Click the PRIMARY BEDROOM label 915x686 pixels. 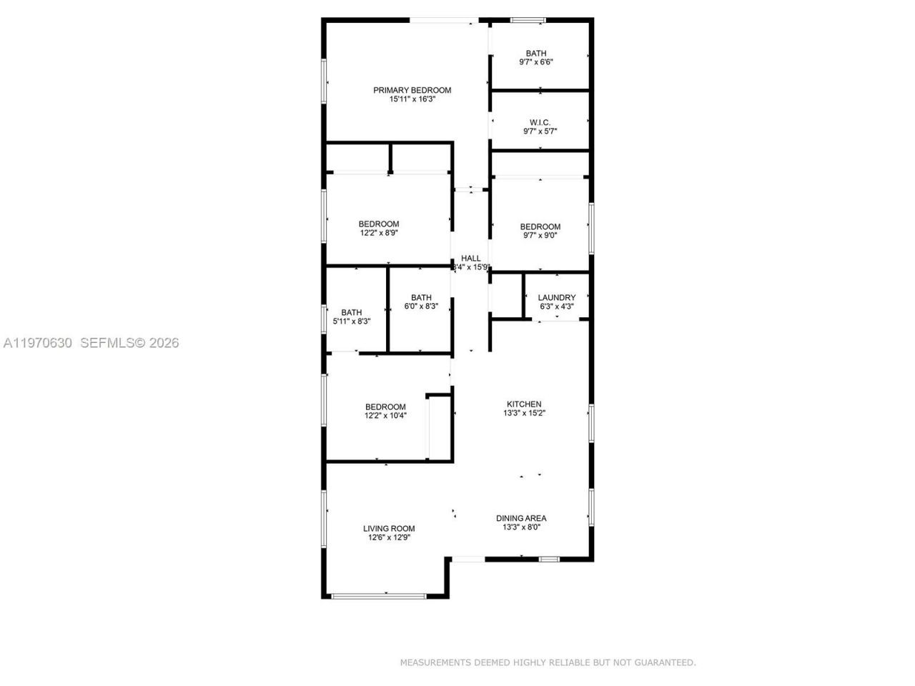tap(412, 90)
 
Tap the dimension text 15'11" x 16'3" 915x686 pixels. tap(412, 99)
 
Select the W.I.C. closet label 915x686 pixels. tap(540, 122)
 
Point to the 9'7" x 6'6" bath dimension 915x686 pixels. tap(536, 62)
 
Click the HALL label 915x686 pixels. tap(470, 258)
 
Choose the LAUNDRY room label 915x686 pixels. tap(556, 297)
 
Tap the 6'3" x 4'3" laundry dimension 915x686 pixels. tap(556, 307)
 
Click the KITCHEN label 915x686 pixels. tap(524, 404)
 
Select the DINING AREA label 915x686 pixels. tap(521, 518)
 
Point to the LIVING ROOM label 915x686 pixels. tap(389, 529)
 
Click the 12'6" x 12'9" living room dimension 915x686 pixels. tap(389, 537)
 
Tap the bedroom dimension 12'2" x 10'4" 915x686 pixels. tap(385, 416)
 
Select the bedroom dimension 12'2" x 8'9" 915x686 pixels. tap(379, 233)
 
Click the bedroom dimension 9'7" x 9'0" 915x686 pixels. tap(540, 236)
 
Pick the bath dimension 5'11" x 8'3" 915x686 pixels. tap(351, 322)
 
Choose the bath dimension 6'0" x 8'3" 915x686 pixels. tap(421, 307)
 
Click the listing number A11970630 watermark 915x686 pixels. tap(38, 343)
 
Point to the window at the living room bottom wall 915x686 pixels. tap(379, 595)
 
